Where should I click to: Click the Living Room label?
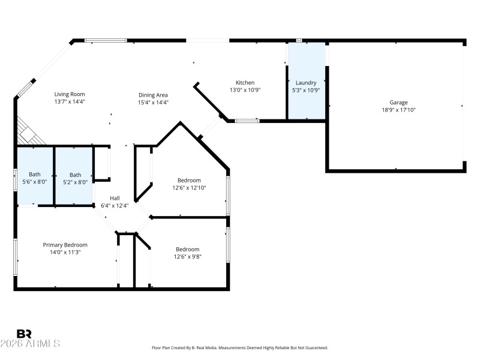[70, 94]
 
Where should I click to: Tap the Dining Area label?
[153, 95]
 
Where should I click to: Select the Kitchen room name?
[245, 83]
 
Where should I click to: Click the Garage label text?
[398, 102]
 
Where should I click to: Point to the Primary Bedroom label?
[65, 245]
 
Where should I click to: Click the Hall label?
[115, 198]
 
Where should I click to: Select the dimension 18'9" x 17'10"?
[398, 110]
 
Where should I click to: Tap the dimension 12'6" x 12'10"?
[189, 188]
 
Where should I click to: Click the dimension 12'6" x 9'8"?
[188, 257]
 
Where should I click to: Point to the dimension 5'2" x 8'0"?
[74, 182]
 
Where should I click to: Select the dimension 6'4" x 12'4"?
[115, 206]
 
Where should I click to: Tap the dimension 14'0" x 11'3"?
[65, 253]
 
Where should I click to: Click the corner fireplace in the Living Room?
[29, 132]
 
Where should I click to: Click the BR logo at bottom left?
[24, 334]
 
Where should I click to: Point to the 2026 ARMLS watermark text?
[30, 344]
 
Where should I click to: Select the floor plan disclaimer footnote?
[239, 348]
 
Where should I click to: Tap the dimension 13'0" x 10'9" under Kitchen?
[245, 90]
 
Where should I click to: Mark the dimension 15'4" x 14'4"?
[153, 102]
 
